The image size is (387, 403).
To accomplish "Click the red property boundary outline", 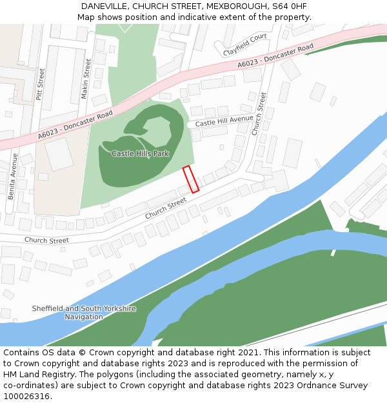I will coord(190,179).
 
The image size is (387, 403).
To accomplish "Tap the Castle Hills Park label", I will coord(140,153).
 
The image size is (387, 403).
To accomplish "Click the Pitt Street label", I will coord(41,83).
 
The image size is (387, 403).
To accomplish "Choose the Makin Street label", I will coord(85,79).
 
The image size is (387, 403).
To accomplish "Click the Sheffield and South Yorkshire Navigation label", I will coord(84,313).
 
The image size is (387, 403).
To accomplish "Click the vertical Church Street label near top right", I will coord(259,113).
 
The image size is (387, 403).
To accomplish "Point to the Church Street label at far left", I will coord(46,241).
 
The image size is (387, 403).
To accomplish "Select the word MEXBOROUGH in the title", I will coord(229,6).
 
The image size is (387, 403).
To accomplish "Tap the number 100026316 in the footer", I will coord(27,396).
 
